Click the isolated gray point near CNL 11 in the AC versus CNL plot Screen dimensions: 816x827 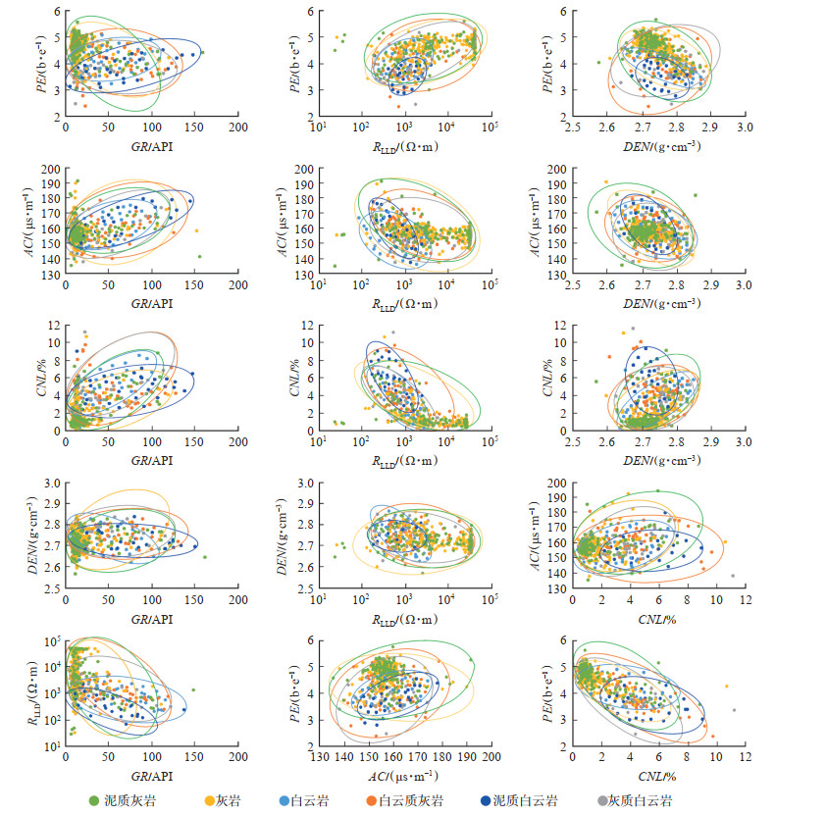click(x=733, y=576)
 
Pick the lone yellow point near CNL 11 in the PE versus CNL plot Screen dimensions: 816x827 click(x=726, y=687)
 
